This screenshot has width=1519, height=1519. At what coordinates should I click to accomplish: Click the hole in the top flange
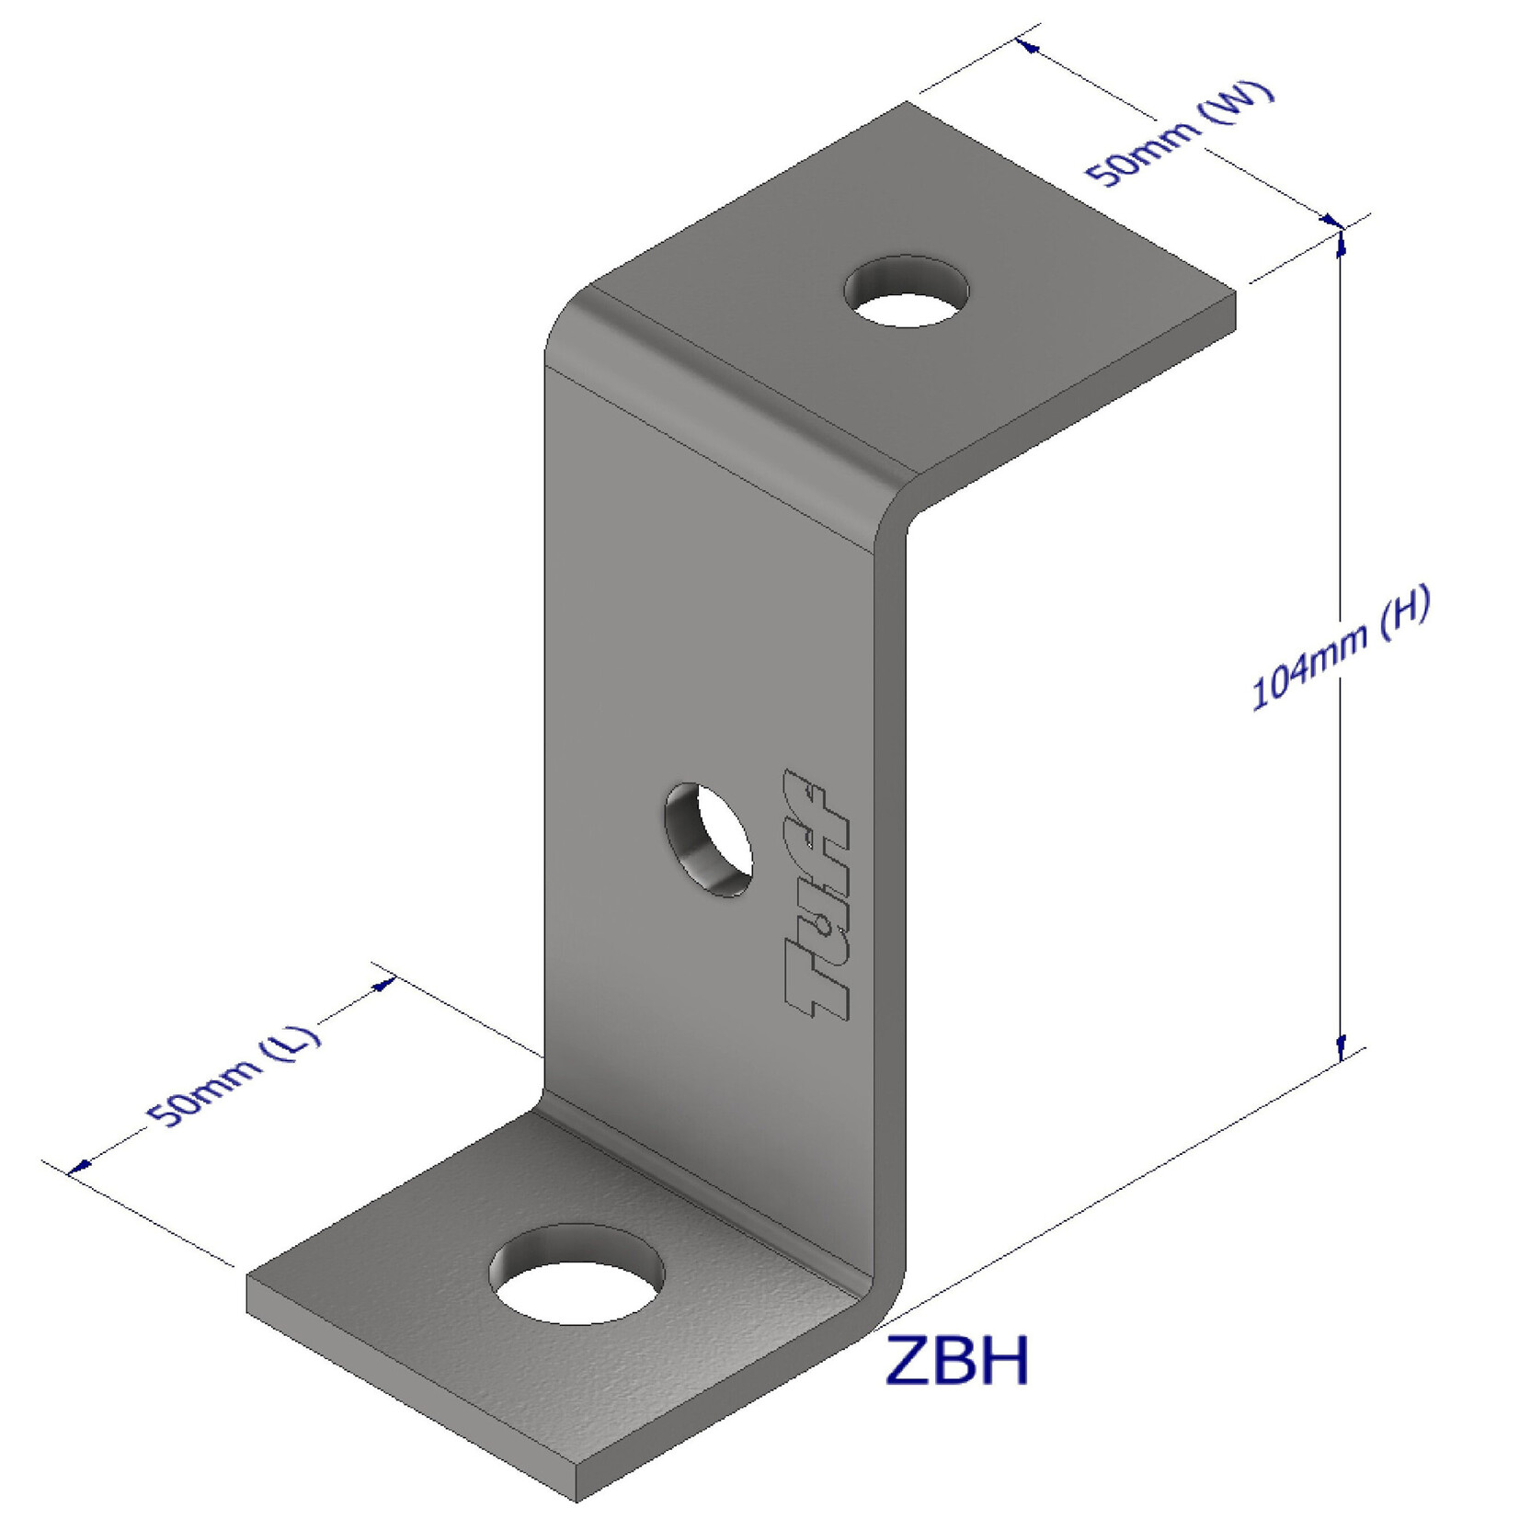tap(907, 292)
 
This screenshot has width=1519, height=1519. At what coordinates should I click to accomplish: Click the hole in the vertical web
tap(709, 839)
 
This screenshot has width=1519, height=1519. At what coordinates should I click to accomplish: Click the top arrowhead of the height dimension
tap(1342, 241)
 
